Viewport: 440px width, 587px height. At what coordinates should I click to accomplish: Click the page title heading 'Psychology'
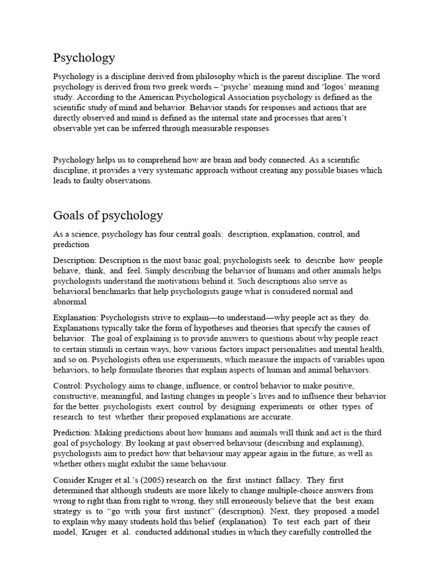coord(84,58)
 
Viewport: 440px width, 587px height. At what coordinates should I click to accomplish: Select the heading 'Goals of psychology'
coord(108,216)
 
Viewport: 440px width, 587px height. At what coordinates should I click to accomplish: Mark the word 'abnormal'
coord(70,302)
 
